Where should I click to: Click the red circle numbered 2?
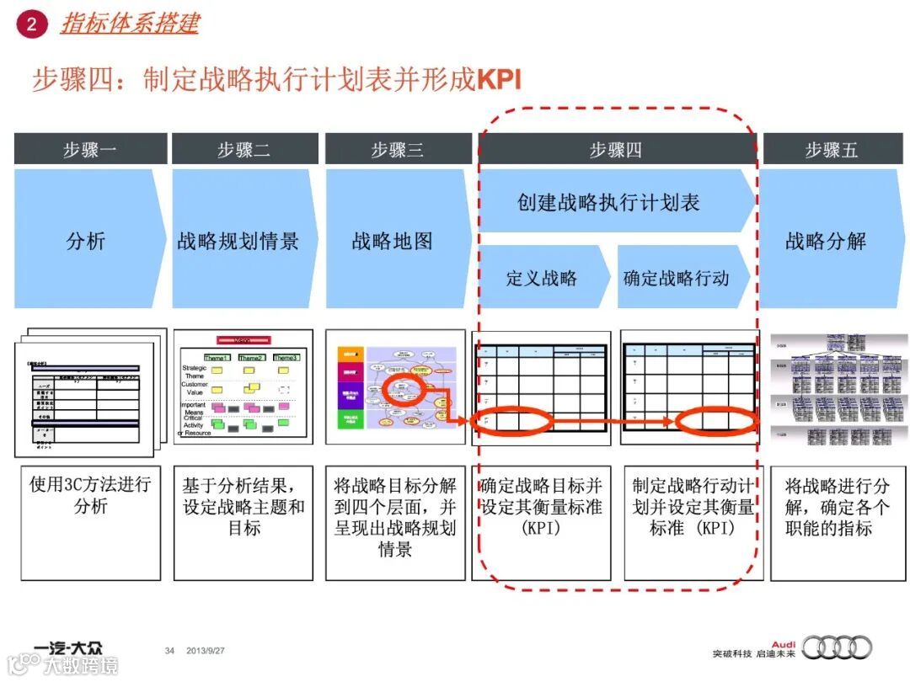coord(31,24)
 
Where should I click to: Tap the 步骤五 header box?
coord(831,150)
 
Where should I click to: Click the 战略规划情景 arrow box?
coord(239,241)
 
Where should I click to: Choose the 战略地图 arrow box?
coord(393,241)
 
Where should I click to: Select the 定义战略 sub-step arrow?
coord(542,278)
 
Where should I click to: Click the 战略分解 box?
coord(826,241)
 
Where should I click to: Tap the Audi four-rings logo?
coord(837,647)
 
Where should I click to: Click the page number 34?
coord(169,651)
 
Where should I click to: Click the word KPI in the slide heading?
coord(499,80)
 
